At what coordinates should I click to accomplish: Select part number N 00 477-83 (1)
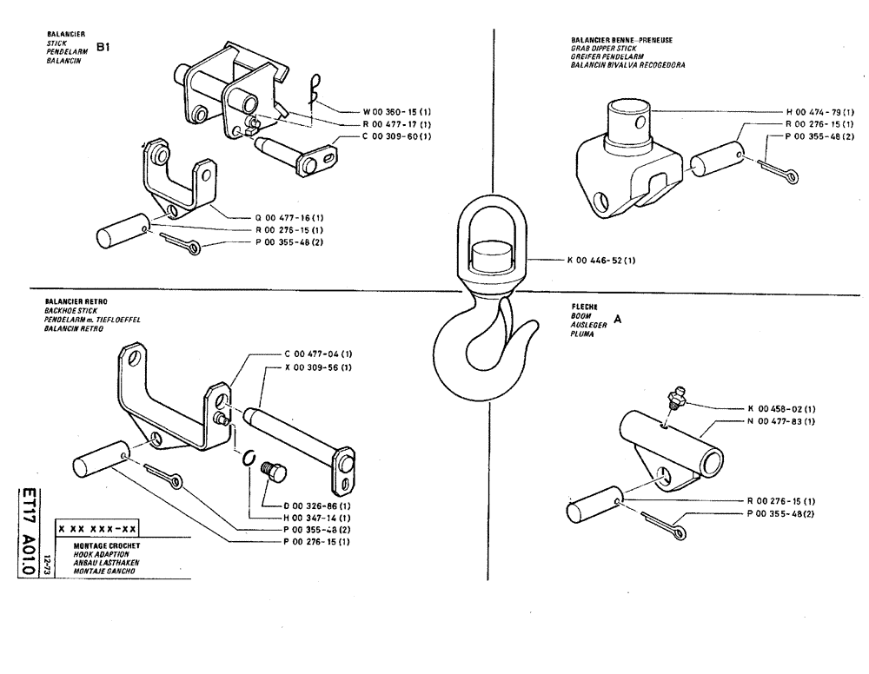coord(780,421)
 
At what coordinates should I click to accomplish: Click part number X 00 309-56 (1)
coord(318,367)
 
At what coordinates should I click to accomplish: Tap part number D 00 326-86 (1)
coord(317,505)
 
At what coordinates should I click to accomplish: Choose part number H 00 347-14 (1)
coord(317,517)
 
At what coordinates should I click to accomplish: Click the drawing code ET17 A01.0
coord(27,539)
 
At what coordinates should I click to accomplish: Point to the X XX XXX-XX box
coord(96,528)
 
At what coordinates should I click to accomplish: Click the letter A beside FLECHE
coord(618,319)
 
